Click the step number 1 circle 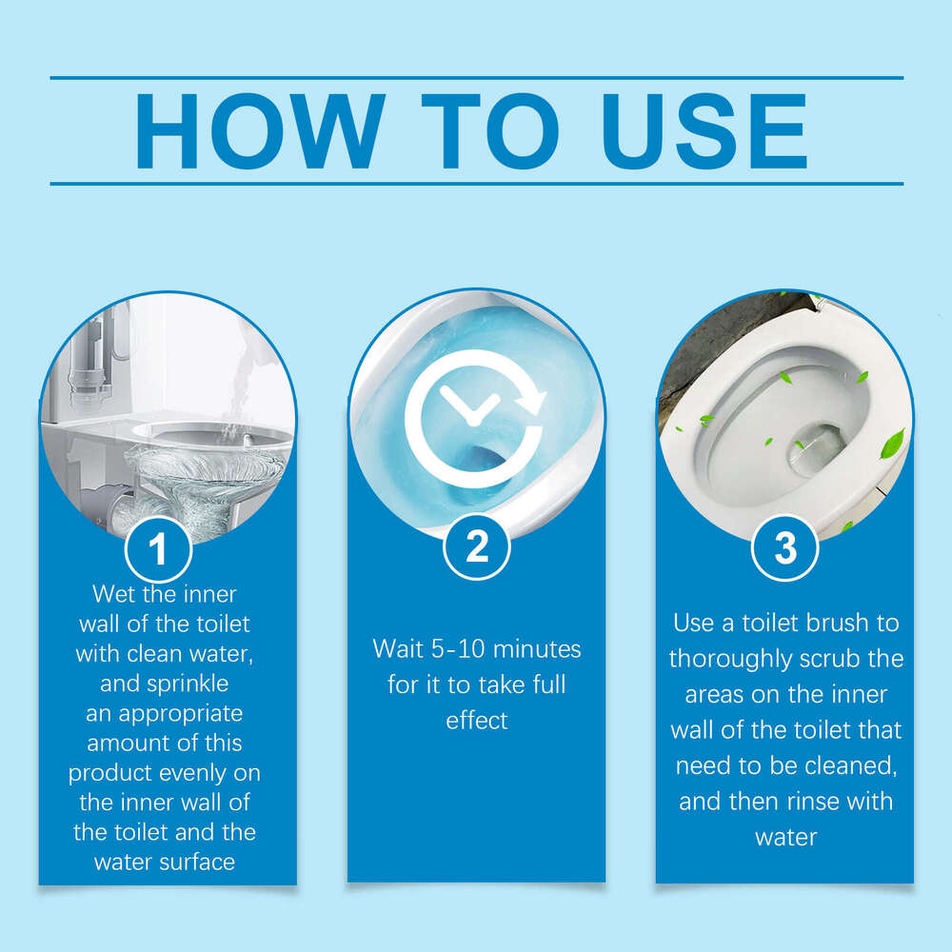[159, 547]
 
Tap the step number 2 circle [477, 546]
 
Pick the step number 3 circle [785, 547]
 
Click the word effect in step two [477, 721]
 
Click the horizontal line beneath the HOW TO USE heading [476, 184]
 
